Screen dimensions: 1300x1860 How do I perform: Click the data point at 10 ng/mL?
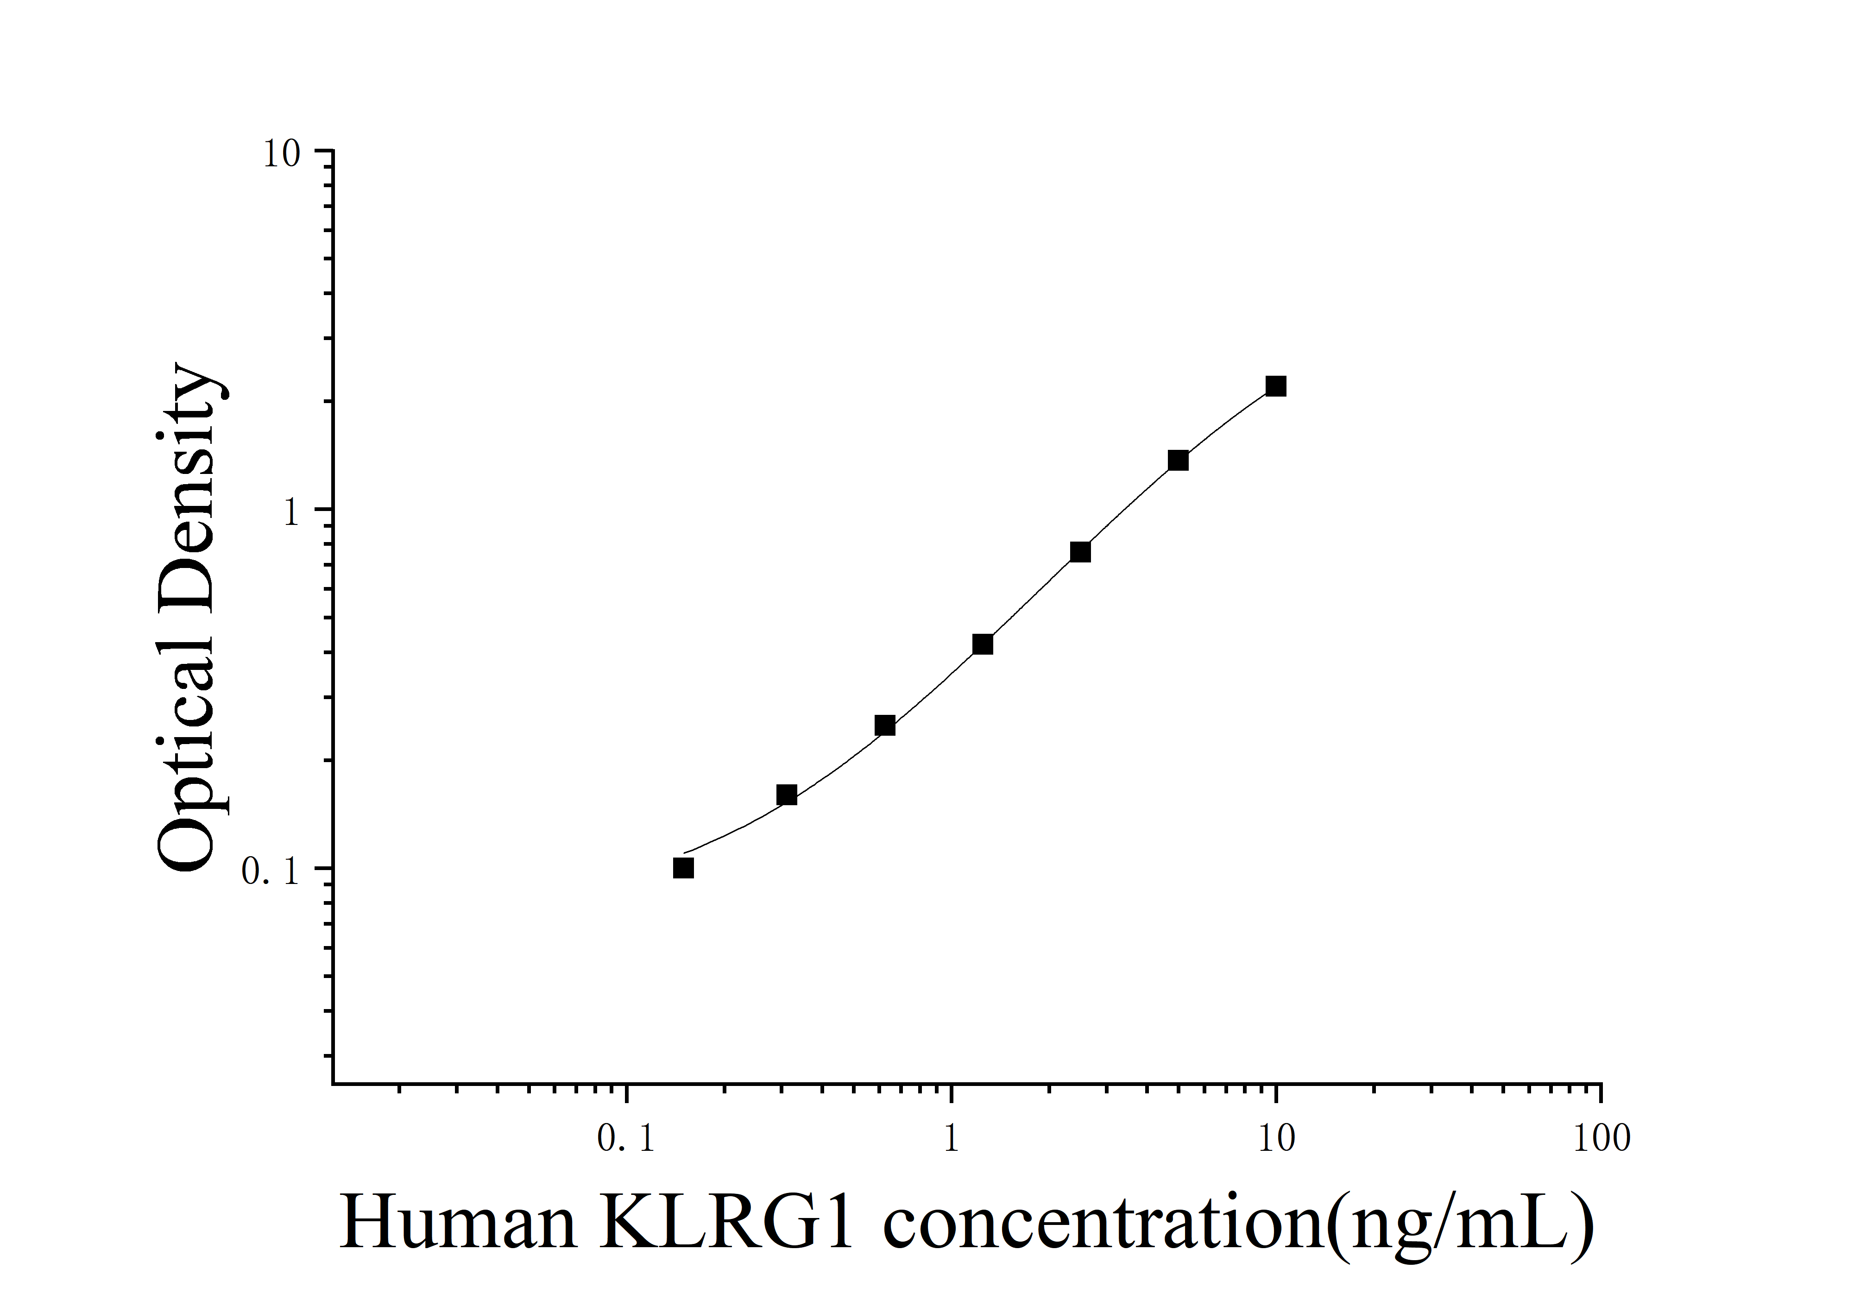pyautogui.click(x=1276, y=386)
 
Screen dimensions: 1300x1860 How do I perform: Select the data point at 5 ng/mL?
pyautogui.click(x=1178, y=460)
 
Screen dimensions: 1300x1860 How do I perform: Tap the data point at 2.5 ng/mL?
pyautogui.click(x=1080, y=552)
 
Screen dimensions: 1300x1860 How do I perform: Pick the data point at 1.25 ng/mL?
pyautogui.click(x=983, y=644)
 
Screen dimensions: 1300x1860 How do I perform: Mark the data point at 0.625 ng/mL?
pyautogui.click(x=885, y=725)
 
